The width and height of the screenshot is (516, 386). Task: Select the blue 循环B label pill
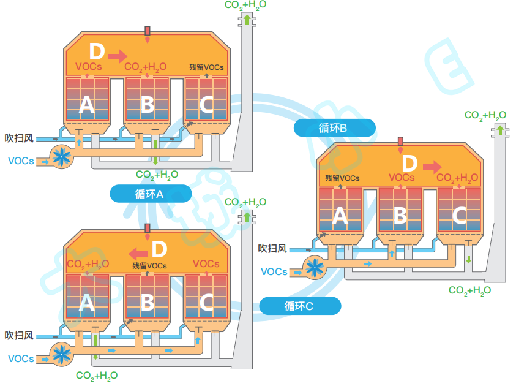click(334, 127)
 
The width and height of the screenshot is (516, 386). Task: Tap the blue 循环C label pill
click(299, 306)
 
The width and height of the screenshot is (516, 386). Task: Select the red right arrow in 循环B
click(432, 167)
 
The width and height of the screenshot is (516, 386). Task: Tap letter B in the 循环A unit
click(147, 105)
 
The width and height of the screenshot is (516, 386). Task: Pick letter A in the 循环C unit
click(87, 303)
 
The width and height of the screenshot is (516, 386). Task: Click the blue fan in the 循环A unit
click(62, 157)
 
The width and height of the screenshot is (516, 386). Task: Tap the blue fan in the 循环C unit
click(62, 354)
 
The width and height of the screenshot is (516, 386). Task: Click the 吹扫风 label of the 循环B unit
click(272, 248)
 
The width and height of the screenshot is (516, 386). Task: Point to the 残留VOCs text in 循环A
click(206, 67)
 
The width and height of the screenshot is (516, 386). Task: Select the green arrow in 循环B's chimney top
click(500, 130)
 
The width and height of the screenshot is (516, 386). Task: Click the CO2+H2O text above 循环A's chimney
click(245, 5)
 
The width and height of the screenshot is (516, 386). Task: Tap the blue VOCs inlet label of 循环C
click(21, 358)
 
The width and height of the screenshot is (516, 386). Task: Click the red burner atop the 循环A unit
click(148, 32)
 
